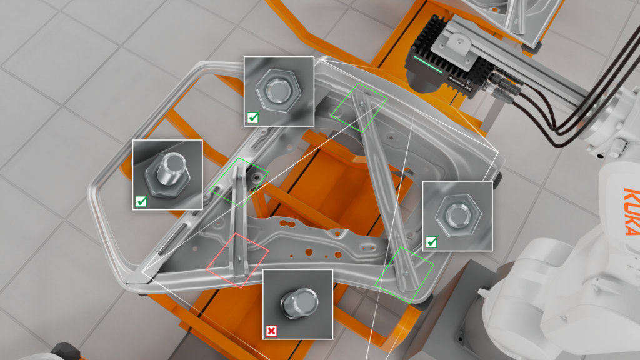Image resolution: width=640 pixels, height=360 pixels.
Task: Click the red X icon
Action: pyautogui.click(x=271, y=331)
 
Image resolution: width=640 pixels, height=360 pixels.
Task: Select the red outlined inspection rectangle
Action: pyautogui.click(x=238, y=260)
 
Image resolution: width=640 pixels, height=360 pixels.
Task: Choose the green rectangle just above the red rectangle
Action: pyautogui.click(x=239, y=182)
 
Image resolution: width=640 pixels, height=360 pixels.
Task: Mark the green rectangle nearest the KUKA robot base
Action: pyautogui.click(x=404, y=275)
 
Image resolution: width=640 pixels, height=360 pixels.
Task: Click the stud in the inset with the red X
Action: pyautogui.click(x=298, y=303)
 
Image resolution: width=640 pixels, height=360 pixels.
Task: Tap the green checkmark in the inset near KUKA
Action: pyautogui.click(x=431, y=242)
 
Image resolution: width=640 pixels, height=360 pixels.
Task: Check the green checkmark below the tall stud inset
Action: pyautogui.click(x=141, y=201)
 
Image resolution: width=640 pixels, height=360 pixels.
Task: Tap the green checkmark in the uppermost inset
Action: pyautogui.click(x=252, y=116)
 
